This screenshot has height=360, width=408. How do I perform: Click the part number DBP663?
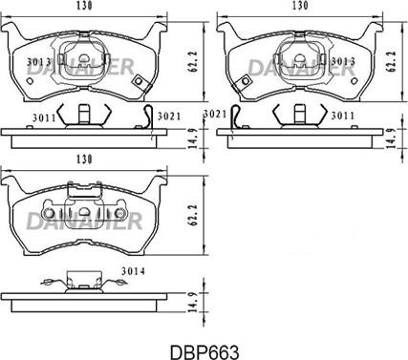tap(203, 350)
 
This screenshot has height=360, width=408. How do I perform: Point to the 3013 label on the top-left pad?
tap(38, 63)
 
